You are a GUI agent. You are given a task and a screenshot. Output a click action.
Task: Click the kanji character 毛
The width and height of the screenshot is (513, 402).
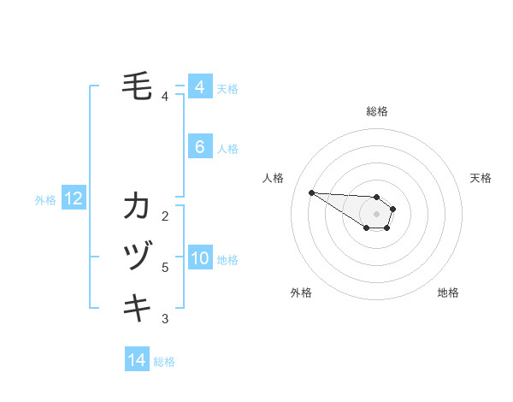click(x=138, y=86)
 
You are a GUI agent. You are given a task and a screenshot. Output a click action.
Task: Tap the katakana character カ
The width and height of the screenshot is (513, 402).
click(x=138, y=206)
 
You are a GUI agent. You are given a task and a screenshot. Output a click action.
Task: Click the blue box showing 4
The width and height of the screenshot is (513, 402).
click(x=199, y=87)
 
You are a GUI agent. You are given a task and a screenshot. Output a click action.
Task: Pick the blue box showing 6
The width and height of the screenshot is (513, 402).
click(x=199, y=147)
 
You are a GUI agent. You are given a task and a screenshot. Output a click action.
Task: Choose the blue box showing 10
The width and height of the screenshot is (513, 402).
click(x=199, y=259)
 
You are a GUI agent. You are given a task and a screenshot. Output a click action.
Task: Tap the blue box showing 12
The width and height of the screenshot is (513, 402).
click(x=74, y=199)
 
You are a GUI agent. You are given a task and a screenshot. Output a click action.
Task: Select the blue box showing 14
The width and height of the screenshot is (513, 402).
click(x=137, y=361)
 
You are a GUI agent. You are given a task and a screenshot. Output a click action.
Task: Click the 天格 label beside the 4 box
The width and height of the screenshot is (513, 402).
click(x=227, y=89)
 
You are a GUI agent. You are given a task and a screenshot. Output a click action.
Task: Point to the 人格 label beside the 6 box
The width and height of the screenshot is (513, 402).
click(x=227, y=149)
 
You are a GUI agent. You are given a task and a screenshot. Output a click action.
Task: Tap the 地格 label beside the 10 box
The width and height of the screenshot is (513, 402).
click(x=227, y=260)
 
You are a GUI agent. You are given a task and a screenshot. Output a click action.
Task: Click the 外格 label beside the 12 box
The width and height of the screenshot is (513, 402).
click(x=45, y=200)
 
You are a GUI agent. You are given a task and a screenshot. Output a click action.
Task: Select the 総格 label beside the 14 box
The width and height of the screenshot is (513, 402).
click(x=164, y=362)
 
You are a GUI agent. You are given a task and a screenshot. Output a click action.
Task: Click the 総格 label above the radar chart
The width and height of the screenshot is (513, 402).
click(x=377, y=111)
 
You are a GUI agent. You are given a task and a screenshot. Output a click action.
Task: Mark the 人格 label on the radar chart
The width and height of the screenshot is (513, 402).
click(x=274, y=178)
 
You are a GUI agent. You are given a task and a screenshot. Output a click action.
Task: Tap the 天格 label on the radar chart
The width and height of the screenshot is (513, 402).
click(x=481, y=178)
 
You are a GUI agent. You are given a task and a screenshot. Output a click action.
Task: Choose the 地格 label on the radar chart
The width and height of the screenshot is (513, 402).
click(x=448, y=293)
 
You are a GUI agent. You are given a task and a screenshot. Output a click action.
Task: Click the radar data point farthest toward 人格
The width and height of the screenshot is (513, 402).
click(x=311, y=192)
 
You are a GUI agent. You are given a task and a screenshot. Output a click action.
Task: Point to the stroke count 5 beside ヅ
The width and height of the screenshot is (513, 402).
click(x=164, y=268)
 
